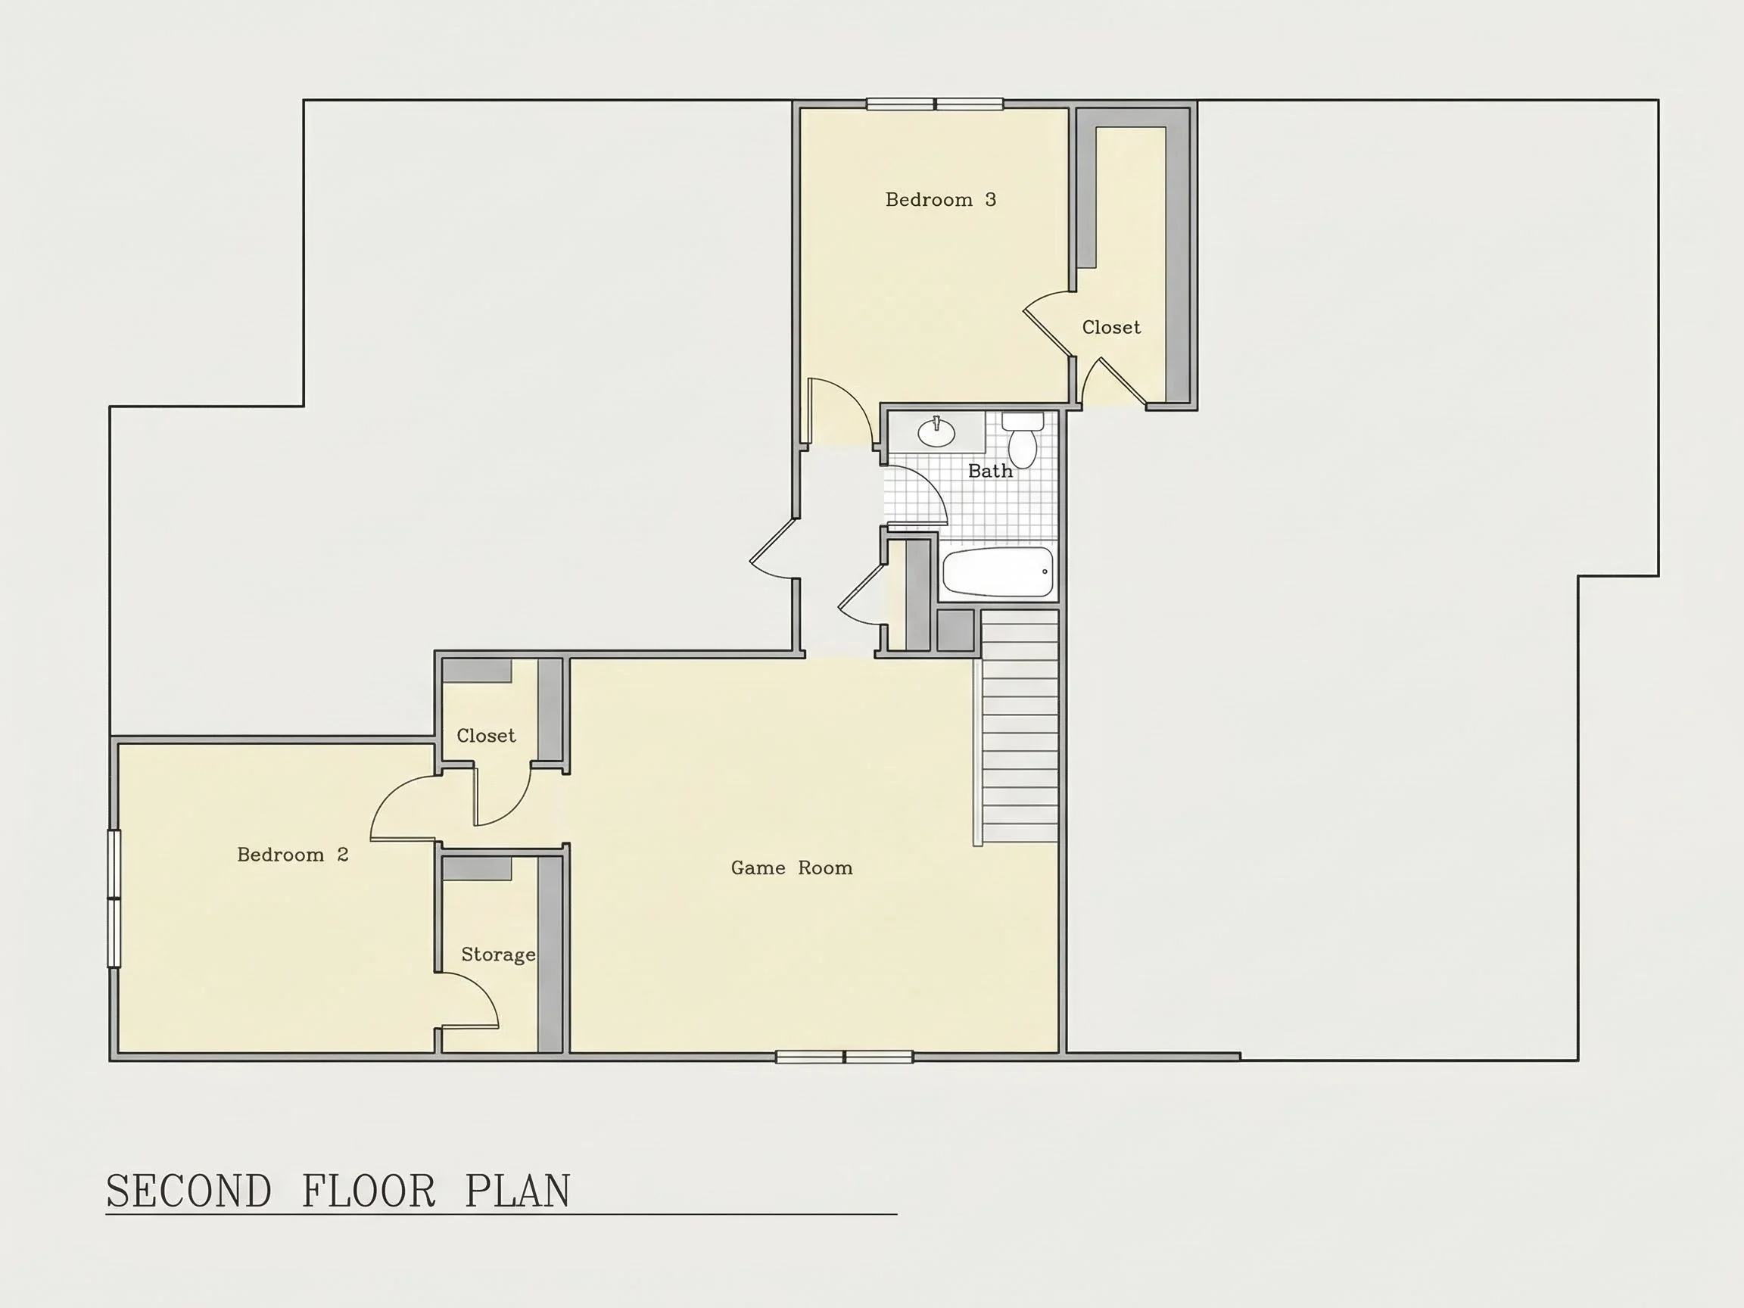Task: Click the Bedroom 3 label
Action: (x=941, y=200)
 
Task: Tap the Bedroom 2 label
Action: (x=292, y=855)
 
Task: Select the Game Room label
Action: (x=792, y=868)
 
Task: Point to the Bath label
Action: (x=990, y=471)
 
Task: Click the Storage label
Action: (x=498, y=955)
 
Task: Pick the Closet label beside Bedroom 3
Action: (x=1111, y=327)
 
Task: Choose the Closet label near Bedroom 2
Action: (x=486, y=736)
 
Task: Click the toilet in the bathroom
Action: (x=1023, y=439)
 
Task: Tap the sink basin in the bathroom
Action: (x=936, y=432)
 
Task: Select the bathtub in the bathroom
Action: (x=998, y=572)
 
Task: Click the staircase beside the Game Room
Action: (x=1017, y=727)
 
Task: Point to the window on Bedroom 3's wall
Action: (x=934, y=104)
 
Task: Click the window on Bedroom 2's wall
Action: (x=114, y=898)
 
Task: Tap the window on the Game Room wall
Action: (x=845, y=1057)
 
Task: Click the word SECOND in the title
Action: (x=188, y=1191)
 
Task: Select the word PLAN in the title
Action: (x=517, y=1191)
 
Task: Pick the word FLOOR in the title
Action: (x=369, y=1191)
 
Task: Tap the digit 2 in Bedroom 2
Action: (x=342, y=855)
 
